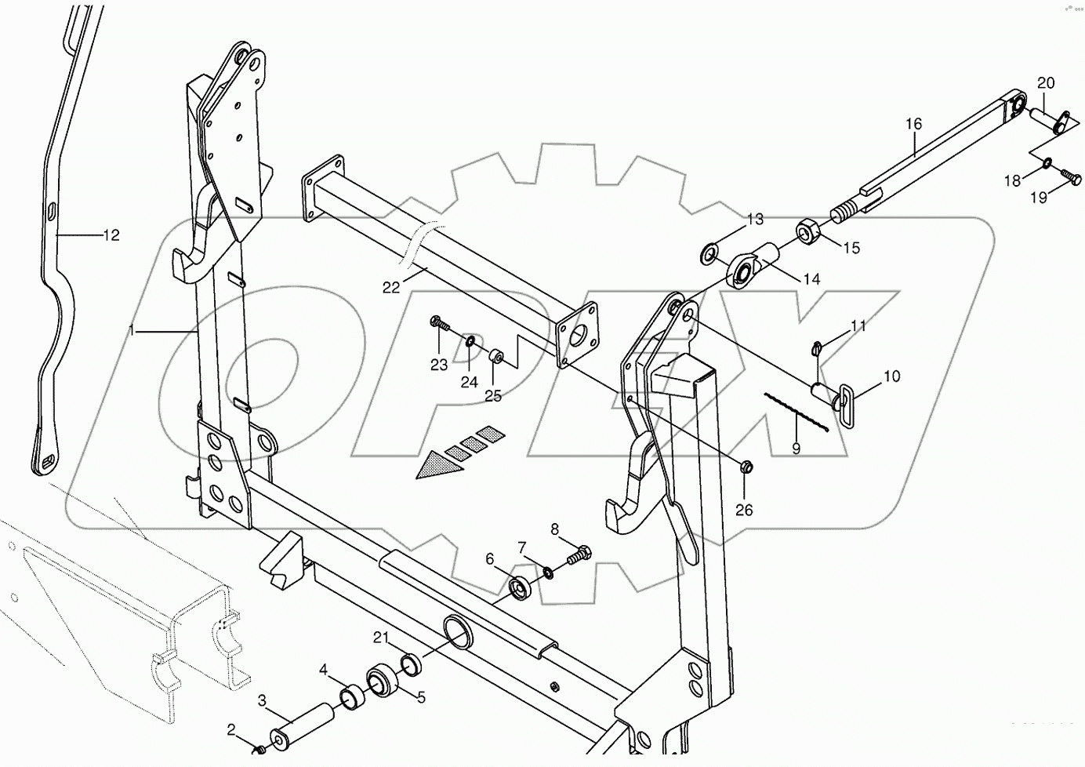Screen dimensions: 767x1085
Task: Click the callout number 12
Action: tap(111, 234)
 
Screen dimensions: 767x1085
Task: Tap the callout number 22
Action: tap(391, 288)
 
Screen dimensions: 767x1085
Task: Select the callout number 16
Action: tap(914, 124)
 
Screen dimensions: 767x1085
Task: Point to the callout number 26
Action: tap(744, 511)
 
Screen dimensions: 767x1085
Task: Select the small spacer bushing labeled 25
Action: tap(496, 358)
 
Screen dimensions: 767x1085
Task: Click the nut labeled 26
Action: tap(746, 467)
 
